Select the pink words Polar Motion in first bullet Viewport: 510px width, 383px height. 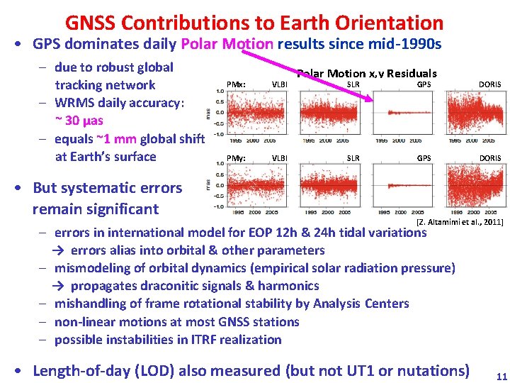[x=227, y=44]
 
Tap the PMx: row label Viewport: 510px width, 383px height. [x=235, y=84]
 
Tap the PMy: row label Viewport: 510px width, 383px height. [x=235, y=158]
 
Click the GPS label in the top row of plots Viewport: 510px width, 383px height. [x=424, y=84]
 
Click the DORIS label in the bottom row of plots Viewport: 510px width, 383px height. [x=489, y=158]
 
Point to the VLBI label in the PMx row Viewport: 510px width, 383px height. [x=280, y=84]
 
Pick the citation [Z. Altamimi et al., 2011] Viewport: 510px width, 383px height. [x=460, y=222]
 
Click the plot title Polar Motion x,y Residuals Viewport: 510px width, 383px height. [x=367, y=73]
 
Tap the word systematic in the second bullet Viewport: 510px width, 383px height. [x=121, y=188]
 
